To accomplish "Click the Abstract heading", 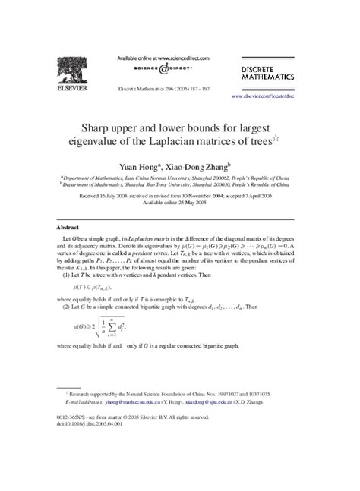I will point(69,226).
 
